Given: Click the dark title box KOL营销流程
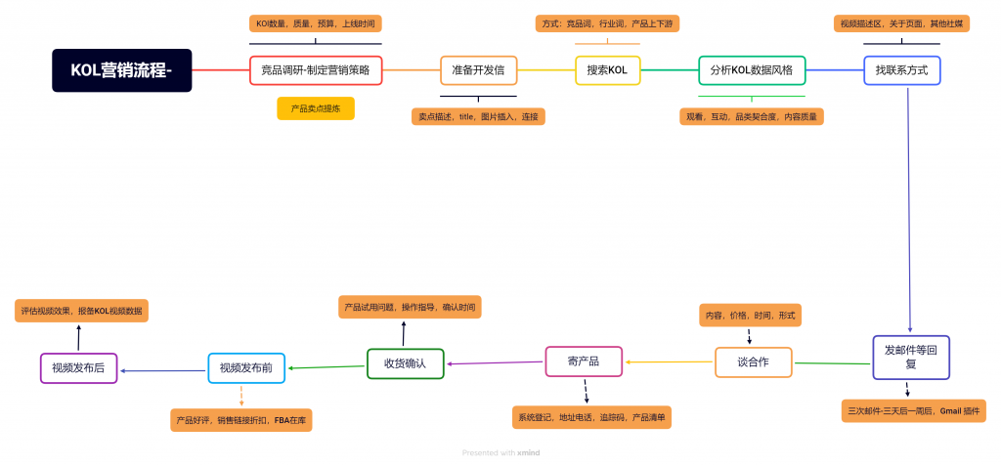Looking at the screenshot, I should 122,70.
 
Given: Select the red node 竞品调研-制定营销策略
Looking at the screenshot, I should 315,70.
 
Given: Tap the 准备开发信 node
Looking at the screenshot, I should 478,70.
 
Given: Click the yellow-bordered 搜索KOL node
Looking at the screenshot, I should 607,70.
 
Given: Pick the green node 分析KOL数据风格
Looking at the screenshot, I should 751,70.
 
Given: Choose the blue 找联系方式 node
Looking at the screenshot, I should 901,70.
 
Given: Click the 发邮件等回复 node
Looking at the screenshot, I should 910,357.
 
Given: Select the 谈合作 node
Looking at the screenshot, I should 753,361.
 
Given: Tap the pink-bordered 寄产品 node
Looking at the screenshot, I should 584,361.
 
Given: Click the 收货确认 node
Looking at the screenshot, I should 405,364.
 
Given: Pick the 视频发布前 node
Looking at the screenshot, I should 246,368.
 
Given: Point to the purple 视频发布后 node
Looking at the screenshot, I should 78,368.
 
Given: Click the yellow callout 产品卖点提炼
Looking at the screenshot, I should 316,108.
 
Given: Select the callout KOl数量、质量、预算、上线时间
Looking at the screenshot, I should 315,23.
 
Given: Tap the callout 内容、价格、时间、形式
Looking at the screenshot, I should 750,316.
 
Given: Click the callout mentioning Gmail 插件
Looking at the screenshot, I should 913,411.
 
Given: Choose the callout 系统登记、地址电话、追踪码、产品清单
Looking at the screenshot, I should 590,417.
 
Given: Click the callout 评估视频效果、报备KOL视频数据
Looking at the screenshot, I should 82,312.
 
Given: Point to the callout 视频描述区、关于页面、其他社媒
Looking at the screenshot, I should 901,23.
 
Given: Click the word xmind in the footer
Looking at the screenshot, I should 528,452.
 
